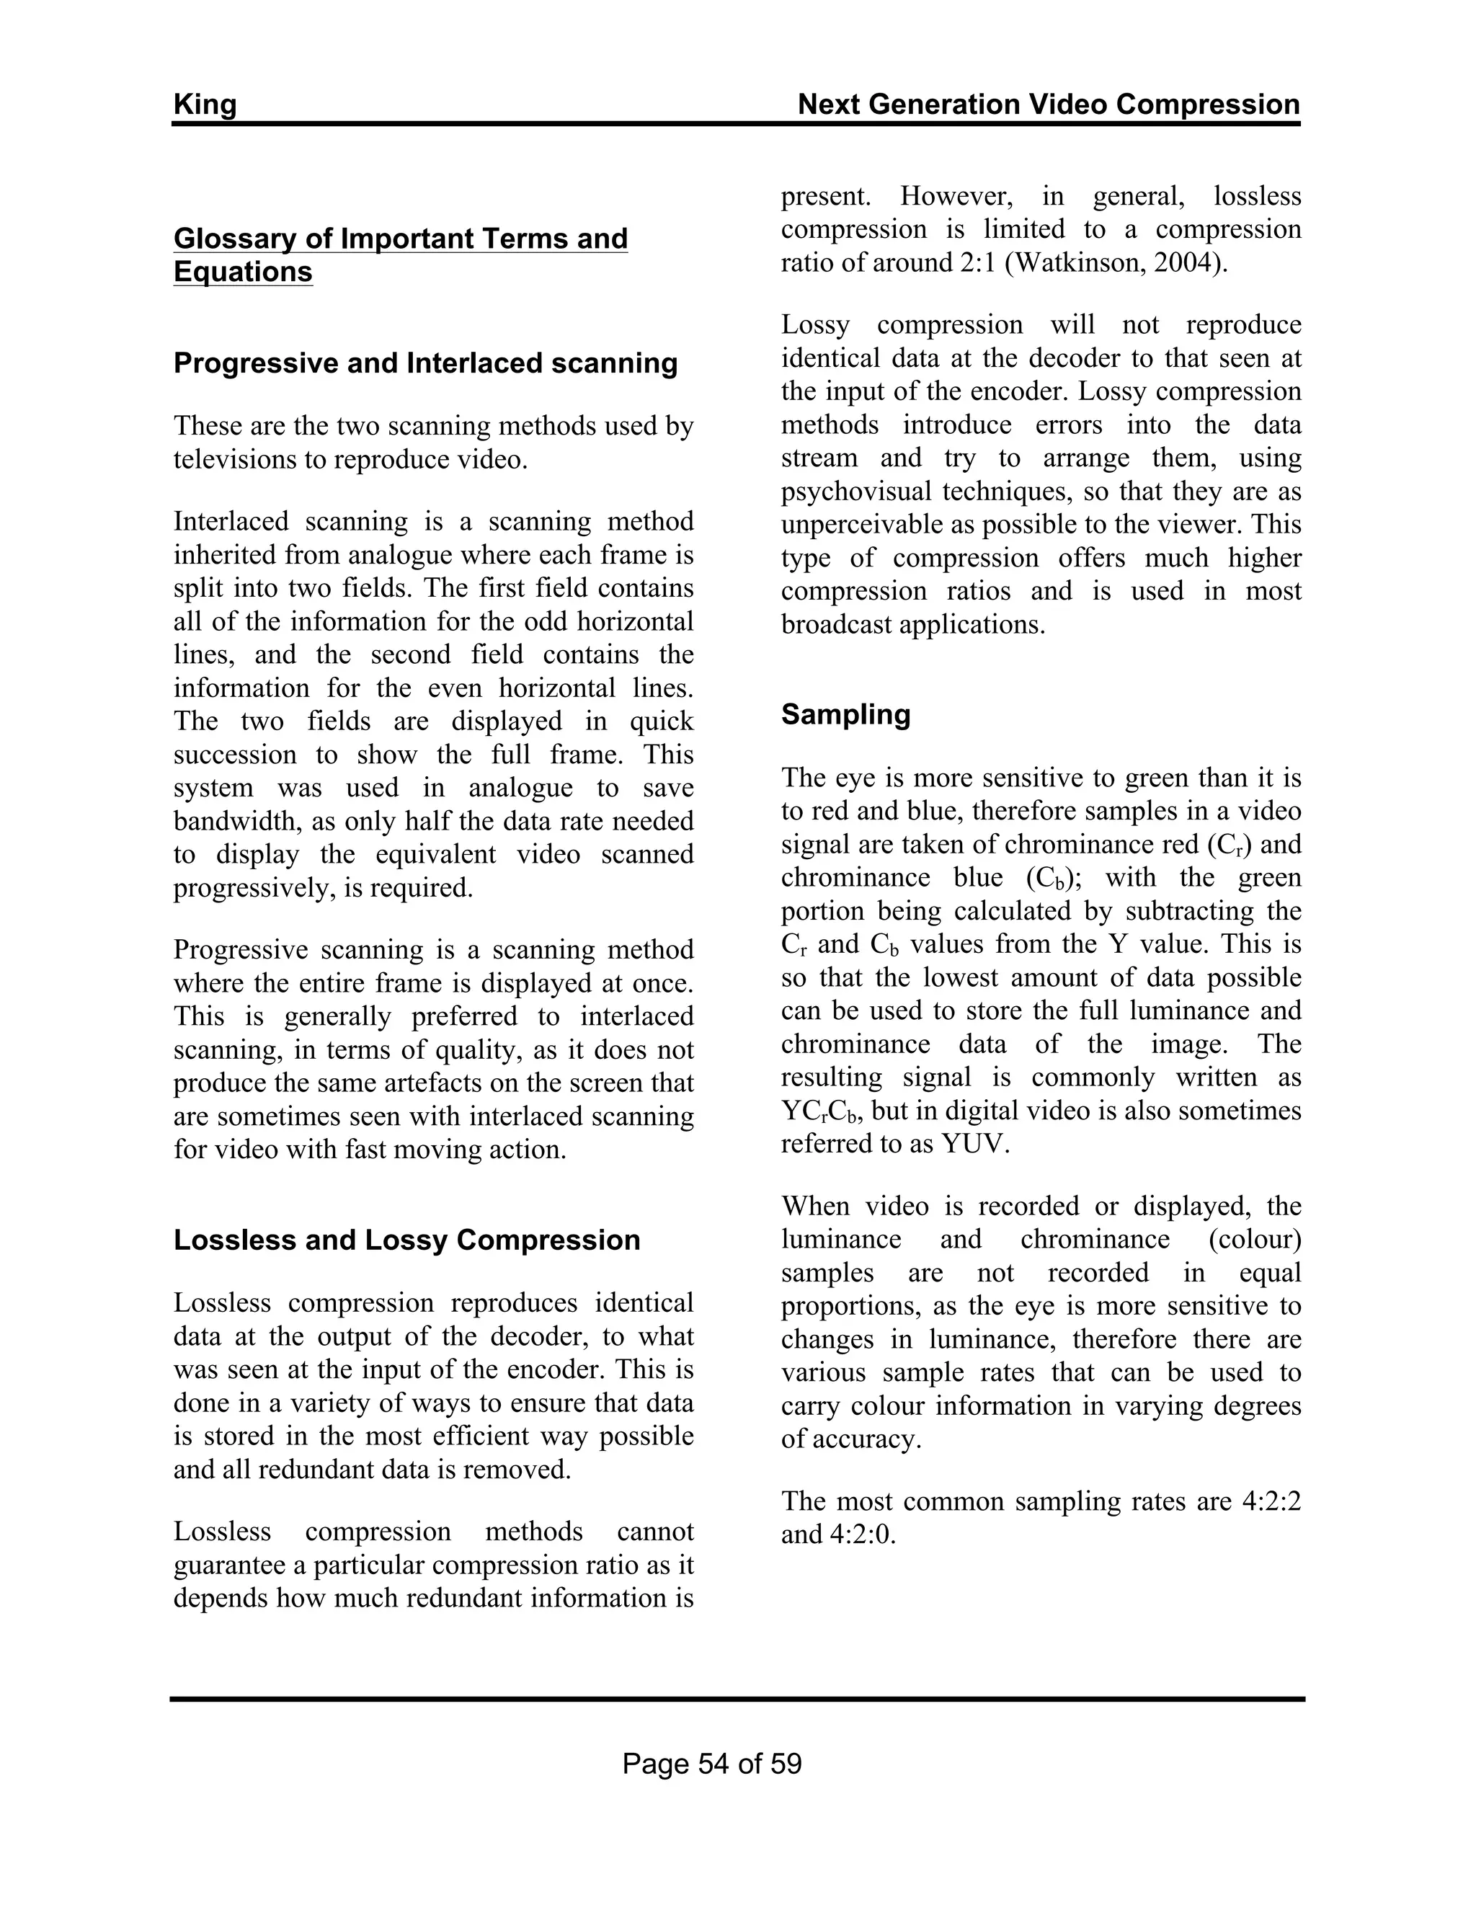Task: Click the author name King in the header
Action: (205, 105)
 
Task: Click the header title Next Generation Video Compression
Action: (1049, 105)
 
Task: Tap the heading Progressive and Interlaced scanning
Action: (425, 363)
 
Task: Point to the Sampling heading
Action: (845, 714)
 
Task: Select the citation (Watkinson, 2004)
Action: (1115, 262)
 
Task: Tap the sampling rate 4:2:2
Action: (1271, 1501)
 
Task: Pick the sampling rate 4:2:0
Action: (866, 1534)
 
